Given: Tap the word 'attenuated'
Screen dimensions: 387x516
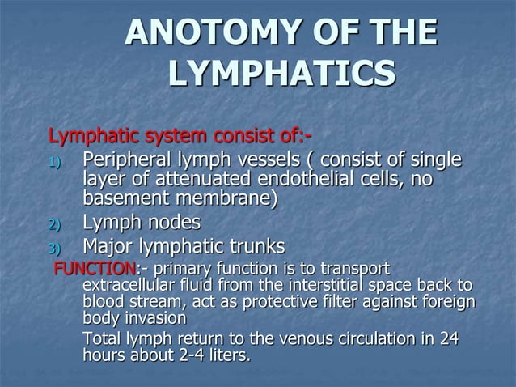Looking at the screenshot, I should point(194,179).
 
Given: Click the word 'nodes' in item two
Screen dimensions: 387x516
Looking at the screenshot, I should point(171,223).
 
